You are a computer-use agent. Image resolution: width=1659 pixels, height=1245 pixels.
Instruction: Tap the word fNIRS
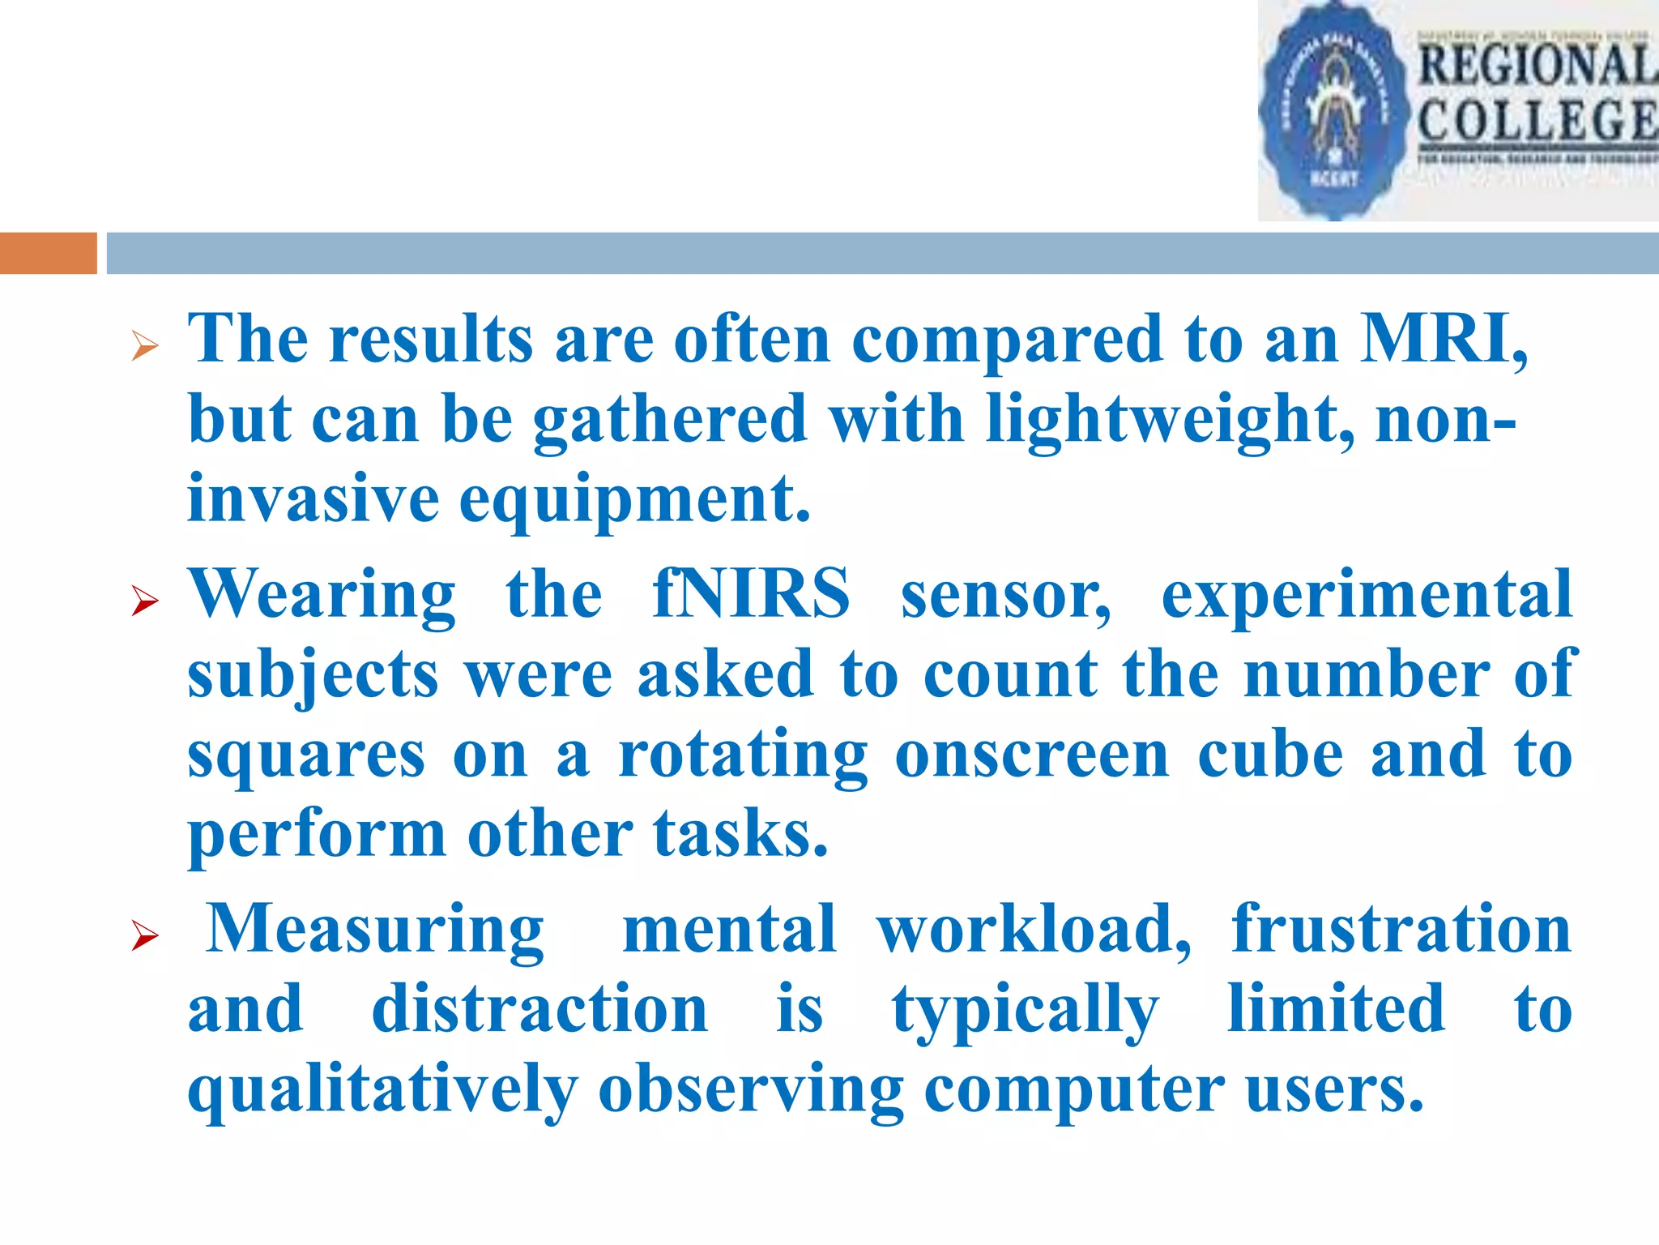pyautogui.click(x=751, y=594)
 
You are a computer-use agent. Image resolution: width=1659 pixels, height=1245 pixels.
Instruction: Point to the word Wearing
pyautogui.click(x=322, y=594)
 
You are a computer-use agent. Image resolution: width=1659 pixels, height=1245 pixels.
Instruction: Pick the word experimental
pyautogui.click(x=1367, y=594)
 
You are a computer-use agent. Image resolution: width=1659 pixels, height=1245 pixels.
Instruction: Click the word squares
pyautogui.click(x=306, y=755)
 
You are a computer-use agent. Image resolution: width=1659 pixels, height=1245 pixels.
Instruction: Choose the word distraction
pyautogui.click(x=539, y=1008)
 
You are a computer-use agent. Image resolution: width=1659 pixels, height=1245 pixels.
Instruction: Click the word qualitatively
pyautogui.click(x=383, y=1089)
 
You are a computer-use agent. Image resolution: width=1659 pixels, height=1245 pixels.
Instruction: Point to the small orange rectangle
pyautogui.click(x=49, y=253)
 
